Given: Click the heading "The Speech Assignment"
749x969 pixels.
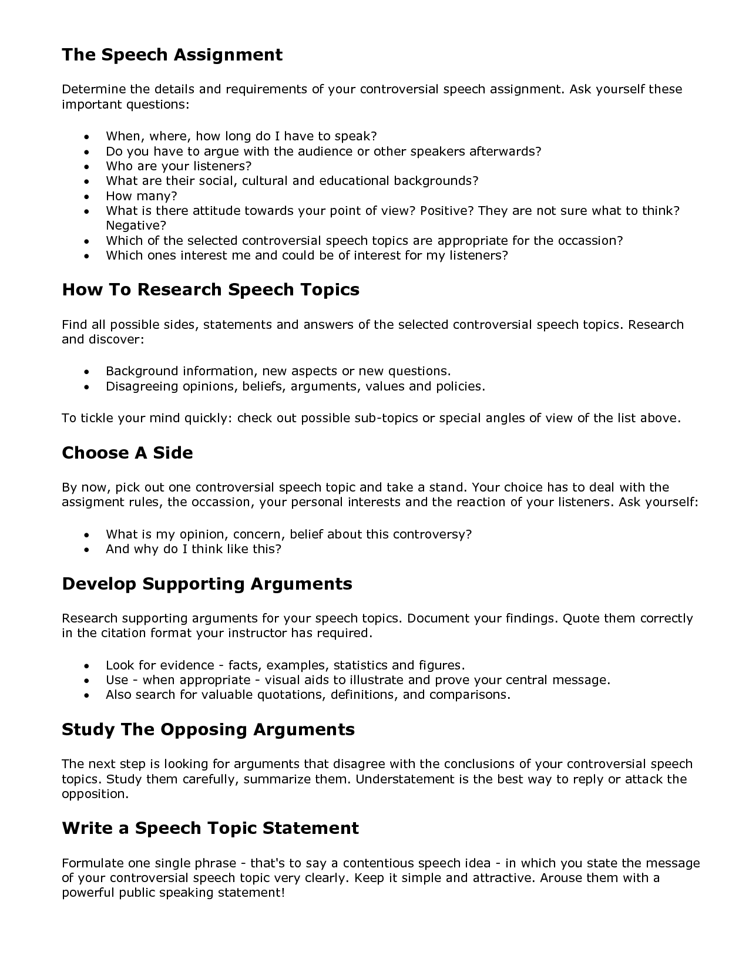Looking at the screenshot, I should (172, 55).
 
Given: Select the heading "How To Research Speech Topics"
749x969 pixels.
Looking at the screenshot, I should (210, 290).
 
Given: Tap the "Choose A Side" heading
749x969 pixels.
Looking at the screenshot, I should (127, 453).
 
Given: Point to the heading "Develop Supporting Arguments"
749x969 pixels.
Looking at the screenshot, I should (207, 584).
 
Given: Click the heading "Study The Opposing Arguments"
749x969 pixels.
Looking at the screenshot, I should (208, 729).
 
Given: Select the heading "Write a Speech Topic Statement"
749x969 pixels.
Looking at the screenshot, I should (210, 828).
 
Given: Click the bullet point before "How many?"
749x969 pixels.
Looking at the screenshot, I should (87, 197).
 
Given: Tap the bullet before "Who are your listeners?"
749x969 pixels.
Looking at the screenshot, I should (87, 167).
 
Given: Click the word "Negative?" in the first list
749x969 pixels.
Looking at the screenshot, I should (136, 226).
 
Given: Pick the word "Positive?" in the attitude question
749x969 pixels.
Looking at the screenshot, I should (446, 210).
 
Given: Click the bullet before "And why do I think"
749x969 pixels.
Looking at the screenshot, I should (87, 550).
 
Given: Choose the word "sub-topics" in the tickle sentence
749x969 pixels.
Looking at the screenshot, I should (386, 418).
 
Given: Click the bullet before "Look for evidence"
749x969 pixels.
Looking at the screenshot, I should (87, 666).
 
